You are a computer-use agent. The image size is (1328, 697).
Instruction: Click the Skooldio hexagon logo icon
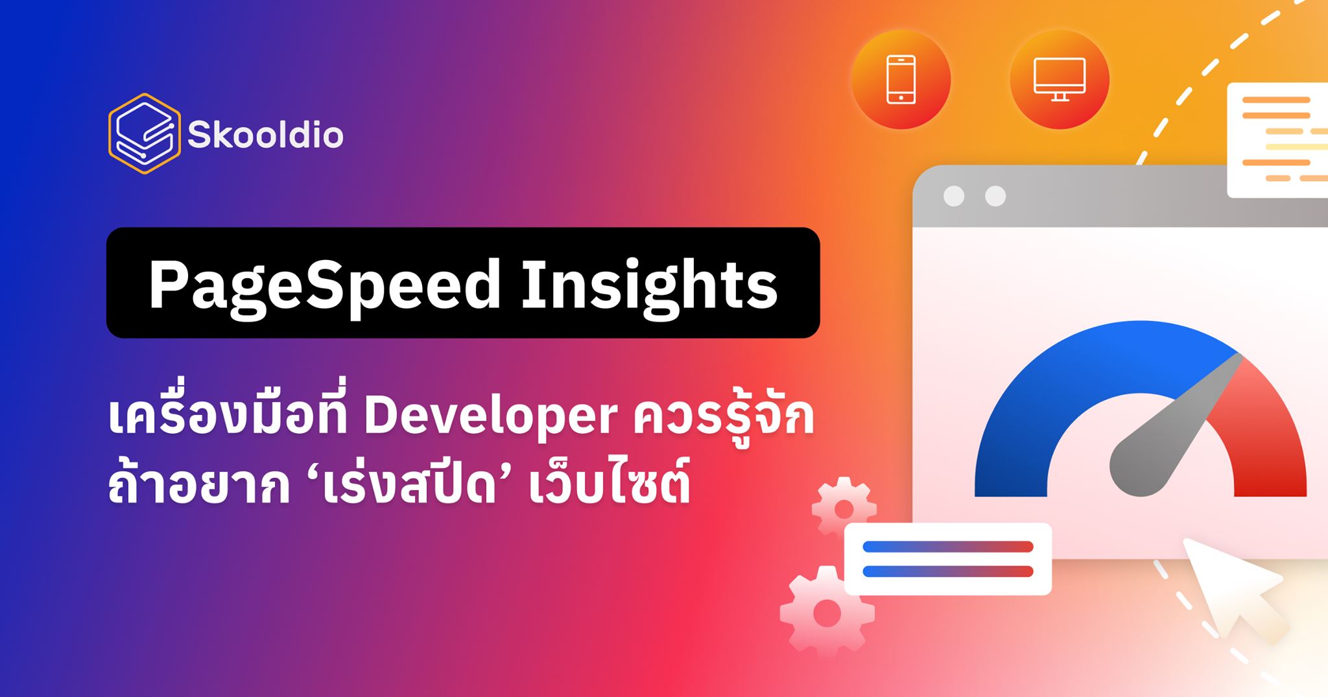[143, 134]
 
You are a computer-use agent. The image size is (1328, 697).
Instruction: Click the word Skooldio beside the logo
[265, 136]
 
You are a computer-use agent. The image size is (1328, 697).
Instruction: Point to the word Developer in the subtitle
[490, 418]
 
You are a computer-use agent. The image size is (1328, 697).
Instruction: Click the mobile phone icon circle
[901, 80]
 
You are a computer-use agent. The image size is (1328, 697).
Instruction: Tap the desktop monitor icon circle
[1059, 80]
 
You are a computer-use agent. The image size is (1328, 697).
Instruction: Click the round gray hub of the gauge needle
[1138, 467]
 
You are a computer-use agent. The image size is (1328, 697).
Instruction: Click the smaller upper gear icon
[844, 510]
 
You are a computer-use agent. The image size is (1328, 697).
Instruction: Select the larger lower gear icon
[827, 613]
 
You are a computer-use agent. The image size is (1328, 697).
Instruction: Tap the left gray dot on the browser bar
[953, 196]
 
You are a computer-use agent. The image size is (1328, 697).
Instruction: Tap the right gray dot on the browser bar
[995, 196]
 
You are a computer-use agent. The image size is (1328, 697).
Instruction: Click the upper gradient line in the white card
[947, 547]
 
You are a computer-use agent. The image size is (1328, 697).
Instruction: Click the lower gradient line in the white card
[947, 571]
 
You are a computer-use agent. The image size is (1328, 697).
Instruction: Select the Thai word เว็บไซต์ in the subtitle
[610, 486]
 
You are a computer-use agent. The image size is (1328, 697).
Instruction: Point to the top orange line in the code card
[1276, 100]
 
